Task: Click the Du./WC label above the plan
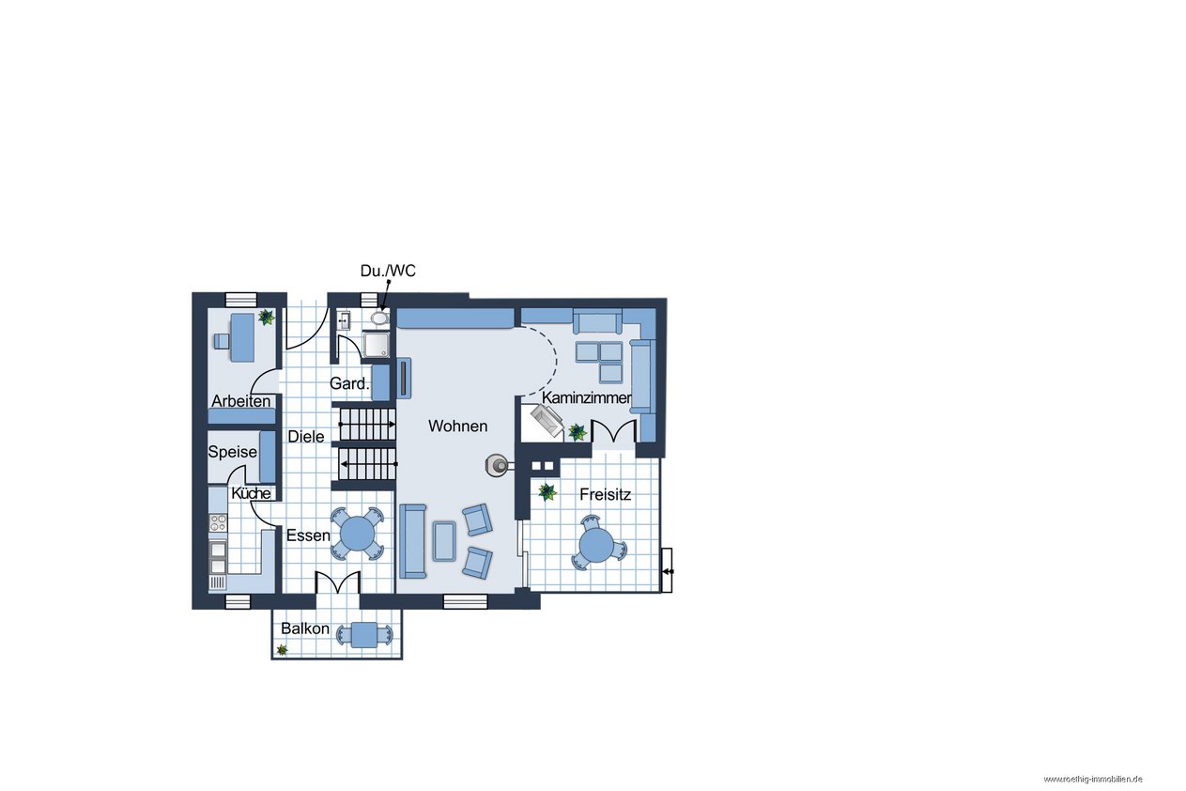coord(388,271)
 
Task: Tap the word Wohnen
coord(458,426)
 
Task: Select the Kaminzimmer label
coord(587,398)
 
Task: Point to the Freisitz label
coord(605,495)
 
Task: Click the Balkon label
coord(305,628)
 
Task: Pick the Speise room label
coord(233,452)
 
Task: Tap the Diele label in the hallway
coord(306,437)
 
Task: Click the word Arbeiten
coord(241,401)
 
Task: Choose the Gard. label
coord(349,383)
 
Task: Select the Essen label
coord(308,535)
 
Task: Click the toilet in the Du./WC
coord(379,318)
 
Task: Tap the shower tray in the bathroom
coord(377,346)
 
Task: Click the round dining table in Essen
coord(358,534)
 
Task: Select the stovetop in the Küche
coord(218,522)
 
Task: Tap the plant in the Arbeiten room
coord(266,318)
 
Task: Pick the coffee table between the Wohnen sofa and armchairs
coord(444,541)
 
